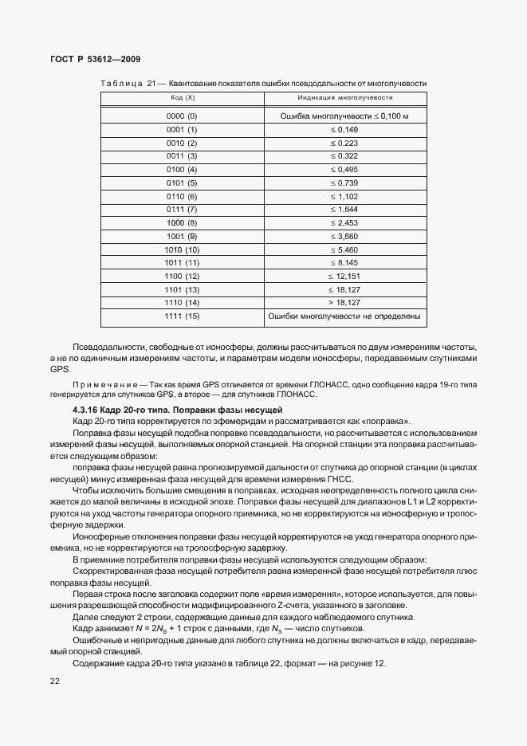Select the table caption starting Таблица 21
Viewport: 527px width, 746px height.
coord(263,83)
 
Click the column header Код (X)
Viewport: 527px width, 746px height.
coord(183,98)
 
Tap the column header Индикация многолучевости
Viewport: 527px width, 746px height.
coord(344,98)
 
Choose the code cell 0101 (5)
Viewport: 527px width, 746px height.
coord(182,183)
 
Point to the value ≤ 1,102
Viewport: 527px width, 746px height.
coord(344,196)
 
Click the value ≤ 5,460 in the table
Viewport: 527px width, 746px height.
coord(344,250)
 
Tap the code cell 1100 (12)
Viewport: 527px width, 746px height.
coord(182,276)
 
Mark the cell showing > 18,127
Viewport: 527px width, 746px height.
coord(344,303)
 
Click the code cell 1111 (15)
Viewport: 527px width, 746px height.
coord(182,318)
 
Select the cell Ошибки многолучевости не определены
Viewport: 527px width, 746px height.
coord(344,318)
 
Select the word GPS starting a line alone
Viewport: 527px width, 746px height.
coord(60,370)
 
